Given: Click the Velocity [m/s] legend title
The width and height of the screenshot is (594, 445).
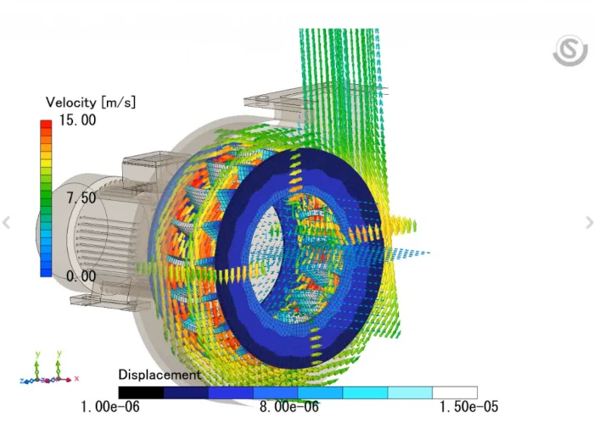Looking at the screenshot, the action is tap(91, 103).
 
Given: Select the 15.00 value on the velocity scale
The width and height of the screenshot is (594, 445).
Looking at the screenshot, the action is tap(78, 120).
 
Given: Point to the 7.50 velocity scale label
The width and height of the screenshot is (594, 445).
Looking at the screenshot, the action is tap(81, 197).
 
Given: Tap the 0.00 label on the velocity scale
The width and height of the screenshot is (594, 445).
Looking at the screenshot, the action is tap(81, 276).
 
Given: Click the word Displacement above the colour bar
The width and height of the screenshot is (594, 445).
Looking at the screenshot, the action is tap(160, 375).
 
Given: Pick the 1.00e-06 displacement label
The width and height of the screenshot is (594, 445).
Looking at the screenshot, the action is tap(110, 407).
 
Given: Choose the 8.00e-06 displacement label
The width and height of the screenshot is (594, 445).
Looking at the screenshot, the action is tap(289, 407).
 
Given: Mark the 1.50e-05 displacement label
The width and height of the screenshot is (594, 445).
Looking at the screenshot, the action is tap(468, 407).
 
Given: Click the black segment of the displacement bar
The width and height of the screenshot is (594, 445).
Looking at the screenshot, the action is tap(141, 392).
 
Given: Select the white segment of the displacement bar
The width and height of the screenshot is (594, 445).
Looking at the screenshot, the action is tap(455, 392).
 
